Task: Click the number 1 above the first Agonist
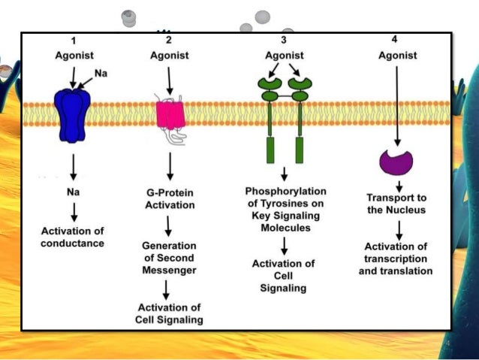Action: click(74, 41)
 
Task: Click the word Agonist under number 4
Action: click(396, 55)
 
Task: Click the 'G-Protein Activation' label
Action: click(170, 198)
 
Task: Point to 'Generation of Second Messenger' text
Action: click(170, 258)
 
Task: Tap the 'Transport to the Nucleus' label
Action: click(396, 203)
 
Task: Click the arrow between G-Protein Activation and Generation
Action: click(170, 225)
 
